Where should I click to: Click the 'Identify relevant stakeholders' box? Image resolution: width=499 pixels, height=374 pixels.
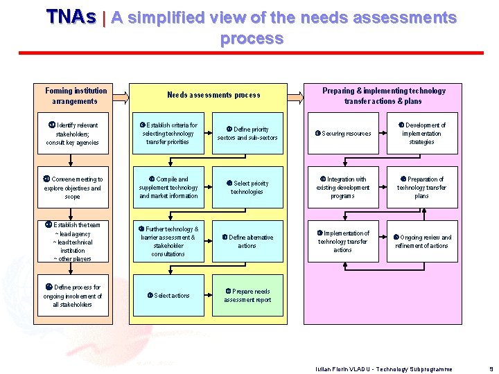[73, 134]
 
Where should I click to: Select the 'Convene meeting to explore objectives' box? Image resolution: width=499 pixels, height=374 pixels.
[73, 188]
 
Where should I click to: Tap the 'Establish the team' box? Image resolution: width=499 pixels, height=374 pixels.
[73, 242]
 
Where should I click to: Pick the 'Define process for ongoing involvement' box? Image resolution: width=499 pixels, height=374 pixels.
[73, 296]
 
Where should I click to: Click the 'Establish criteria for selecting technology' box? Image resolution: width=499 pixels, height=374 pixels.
[168, 134]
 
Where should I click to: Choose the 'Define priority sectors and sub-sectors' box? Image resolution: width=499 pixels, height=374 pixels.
[247, 134]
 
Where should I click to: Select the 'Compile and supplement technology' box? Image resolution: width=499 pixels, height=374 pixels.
[168, 188]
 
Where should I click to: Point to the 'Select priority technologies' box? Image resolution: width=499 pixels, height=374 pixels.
[247, 188]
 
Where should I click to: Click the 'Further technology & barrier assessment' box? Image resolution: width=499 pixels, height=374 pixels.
[168, 242]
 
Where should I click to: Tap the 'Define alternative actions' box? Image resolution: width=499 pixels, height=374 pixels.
[247, 242]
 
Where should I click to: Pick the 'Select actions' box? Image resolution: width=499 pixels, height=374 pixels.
[168, 296]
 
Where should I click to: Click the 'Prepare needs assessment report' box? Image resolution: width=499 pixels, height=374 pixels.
[247, 296]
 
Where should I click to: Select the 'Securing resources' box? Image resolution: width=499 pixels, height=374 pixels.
[343, 134]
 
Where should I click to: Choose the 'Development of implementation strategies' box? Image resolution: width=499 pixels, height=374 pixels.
[421, 134]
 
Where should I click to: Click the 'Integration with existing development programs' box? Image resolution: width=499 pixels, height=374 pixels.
[343, 188]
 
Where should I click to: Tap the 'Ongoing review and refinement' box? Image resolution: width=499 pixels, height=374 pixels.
[421, 242]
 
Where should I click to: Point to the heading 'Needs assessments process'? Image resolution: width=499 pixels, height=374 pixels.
[213, 95]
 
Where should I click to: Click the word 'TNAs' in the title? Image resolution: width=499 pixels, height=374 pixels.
[71, 17]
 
